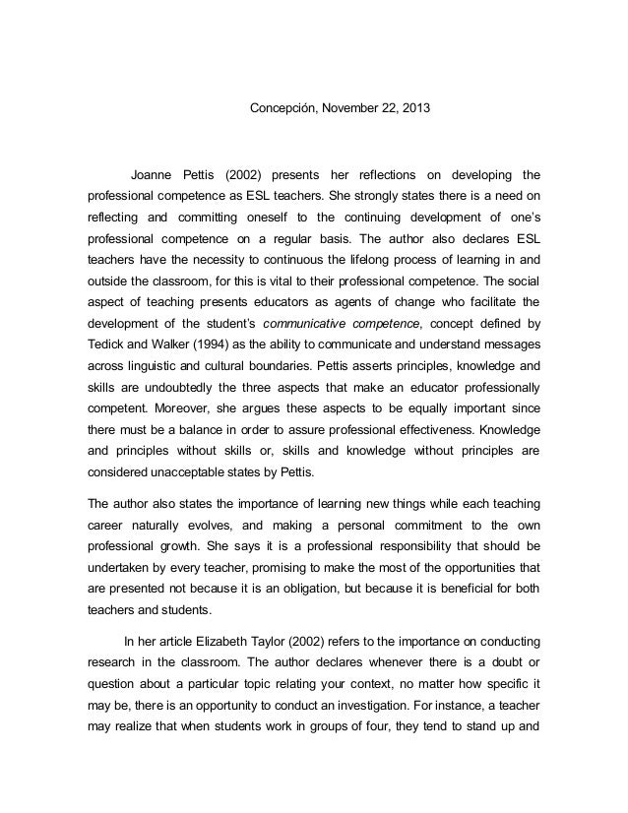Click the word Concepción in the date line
pos(278,105)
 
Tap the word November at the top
pos(346,105)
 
